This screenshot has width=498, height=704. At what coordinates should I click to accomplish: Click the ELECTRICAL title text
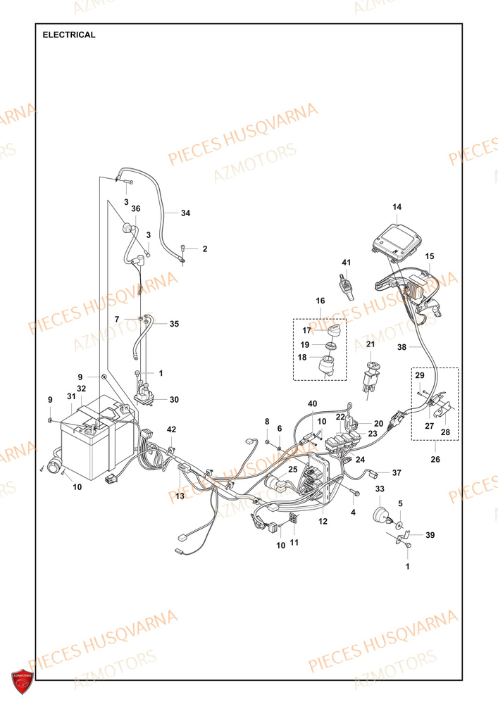tap(69, 34)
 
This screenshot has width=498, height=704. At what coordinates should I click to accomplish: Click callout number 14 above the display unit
tap(397, 207)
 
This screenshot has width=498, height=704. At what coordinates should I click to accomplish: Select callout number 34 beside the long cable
tap(185, 213)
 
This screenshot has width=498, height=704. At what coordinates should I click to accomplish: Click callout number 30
tap(174, 400)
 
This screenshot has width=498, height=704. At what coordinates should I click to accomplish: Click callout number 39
tap(430, 535)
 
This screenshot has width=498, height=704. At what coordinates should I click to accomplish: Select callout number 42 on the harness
tap(171, 429)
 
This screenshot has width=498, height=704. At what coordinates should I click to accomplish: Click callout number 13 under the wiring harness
tap(180, 496)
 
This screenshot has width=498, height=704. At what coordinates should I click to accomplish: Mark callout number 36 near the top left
tap(136, 208)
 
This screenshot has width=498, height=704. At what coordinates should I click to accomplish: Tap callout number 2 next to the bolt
tap(205, 249)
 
